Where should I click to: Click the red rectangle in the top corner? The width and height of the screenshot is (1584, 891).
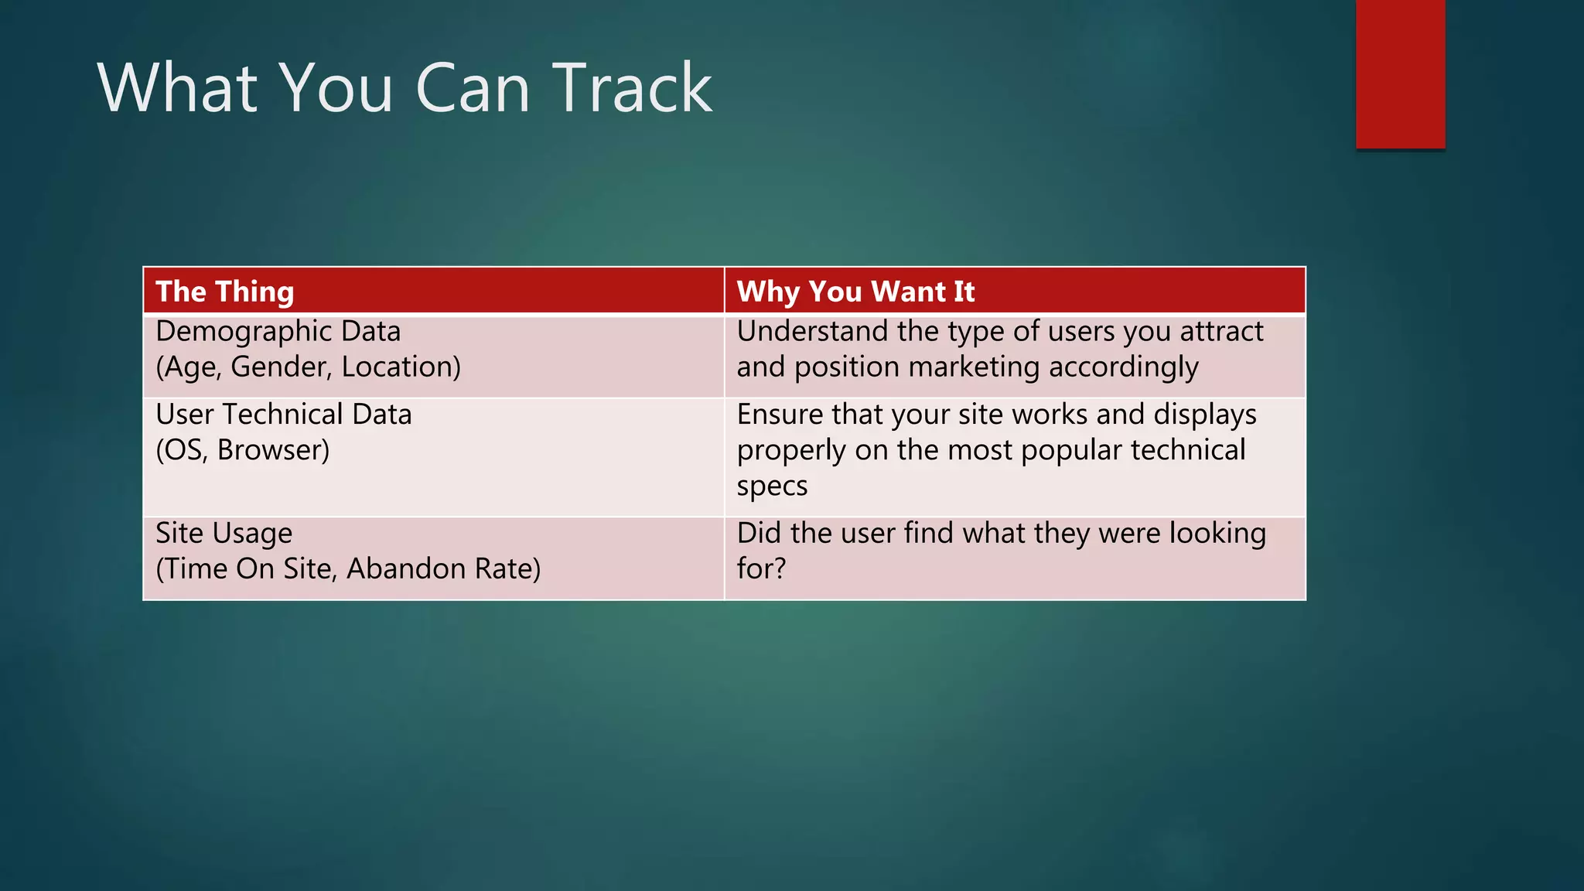1400,73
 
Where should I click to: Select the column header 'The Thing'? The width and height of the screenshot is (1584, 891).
225,292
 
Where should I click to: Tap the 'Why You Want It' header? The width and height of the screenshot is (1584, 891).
855,292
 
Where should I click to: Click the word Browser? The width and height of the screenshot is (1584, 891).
273,450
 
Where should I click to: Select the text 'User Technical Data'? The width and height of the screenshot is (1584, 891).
284,415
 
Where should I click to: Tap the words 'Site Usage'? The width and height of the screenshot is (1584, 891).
224,534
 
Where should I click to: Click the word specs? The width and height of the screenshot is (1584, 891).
772,486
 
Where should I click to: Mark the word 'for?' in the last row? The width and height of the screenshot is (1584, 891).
761,569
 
